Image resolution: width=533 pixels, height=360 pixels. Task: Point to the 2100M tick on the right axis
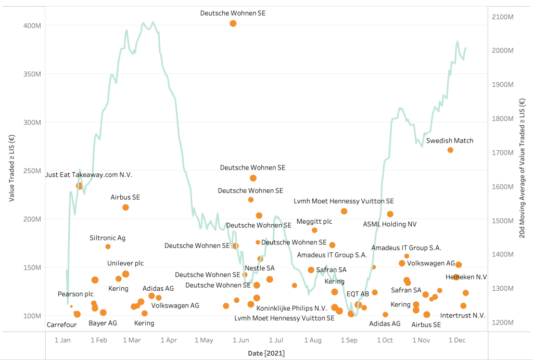pos(499,17)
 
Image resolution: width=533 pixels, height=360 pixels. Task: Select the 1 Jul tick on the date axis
pos(276,340)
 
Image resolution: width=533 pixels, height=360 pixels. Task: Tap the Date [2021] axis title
pos(266,353)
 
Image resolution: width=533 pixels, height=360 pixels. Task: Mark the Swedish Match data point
pos(450,150)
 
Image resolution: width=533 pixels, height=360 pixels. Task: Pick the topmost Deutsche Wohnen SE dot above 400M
pos(233,23)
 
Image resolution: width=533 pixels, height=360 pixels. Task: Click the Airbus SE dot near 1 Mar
pos(125,208)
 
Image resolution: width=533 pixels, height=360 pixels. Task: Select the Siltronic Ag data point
pos(108,247)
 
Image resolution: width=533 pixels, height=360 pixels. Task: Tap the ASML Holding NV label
pos(390,225)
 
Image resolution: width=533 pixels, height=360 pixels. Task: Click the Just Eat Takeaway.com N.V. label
pos(89,175)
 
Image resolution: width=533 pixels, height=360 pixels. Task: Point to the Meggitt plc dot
pos(314,230)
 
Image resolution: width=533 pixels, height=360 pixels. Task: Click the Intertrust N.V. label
pos(463,315)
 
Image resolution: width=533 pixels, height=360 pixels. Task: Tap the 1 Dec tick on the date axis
pos(456,340)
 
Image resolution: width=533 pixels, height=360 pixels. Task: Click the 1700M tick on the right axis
pos(499,152)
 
